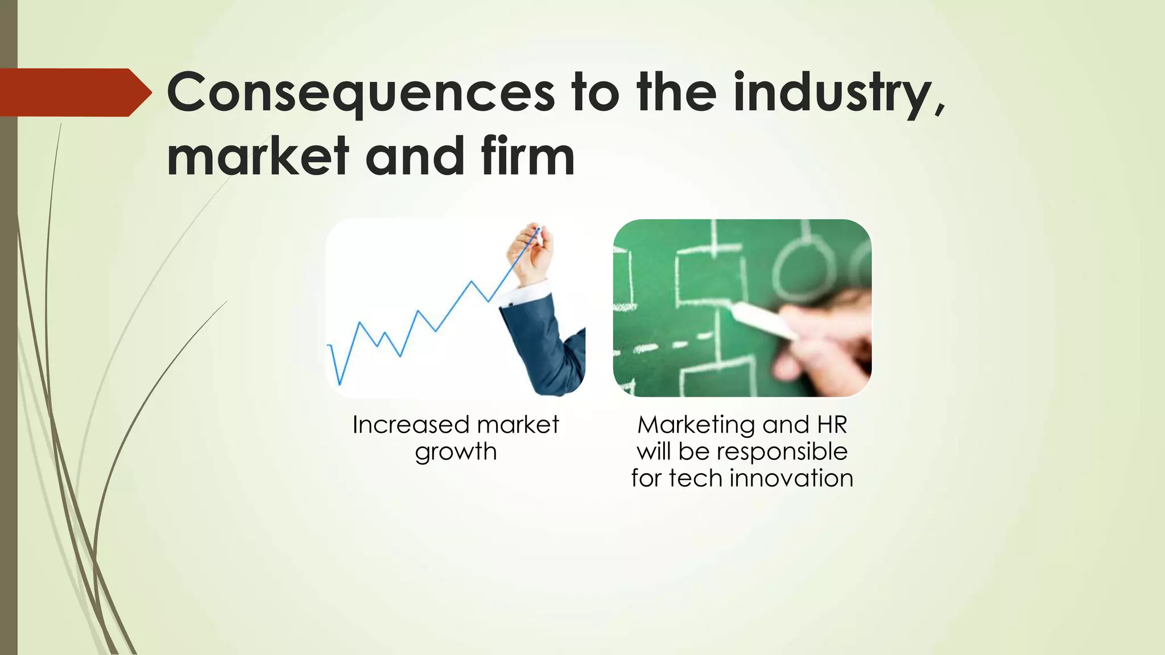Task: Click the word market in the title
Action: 258,156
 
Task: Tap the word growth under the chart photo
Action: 456,451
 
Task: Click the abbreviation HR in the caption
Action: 832,425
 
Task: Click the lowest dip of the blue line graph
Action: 340,383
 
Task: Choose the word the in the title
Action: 676,93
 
